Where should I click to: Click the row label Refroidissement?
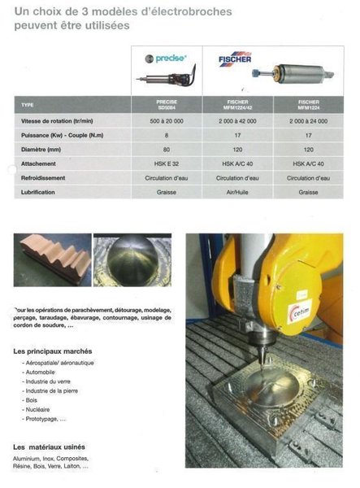point(43,177)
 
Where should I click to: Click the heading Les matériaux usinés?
point(50,447)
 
